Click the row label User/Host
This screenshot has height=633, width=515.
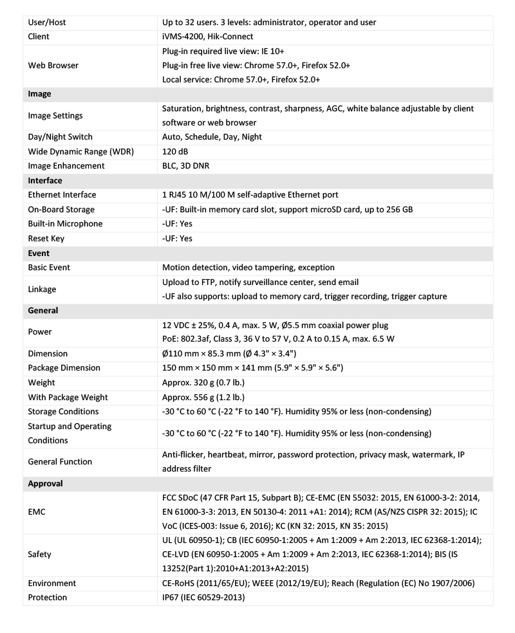tap(47, 23)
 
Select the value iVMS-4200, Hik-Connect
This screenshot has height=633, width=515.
tap(207, 37)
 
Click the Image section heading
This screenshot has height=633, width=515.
tap(39, 94)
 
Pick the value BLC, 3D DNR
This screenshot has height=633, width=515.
tap(187, 166)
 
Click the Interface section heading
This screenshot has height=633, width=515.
tap(45, 180)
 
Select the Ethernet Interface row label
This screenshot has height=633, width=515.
tap(62, 195)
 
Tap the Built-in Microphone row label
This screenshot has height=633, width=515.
tap(65, 224)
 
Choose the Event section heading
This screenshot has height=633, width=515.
tap(39, 253)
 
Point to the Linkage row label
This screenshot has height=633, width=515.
tap(42, 289)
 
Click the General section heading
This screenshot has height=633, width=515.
tap(43, 310)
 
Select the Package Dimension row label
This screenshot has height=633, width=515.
tap(64, 368)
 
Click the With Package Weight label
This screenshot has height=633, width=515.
tap(68, 397)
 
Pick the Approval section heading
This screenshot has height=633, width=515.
tap(45, 483)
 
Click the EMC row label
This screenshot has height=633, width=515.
tap(37, 512)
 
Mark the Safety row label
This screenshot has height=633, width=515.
tap(40, 555)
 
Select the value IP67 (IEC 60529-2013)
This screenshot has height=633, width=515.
tap(203, 598)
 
